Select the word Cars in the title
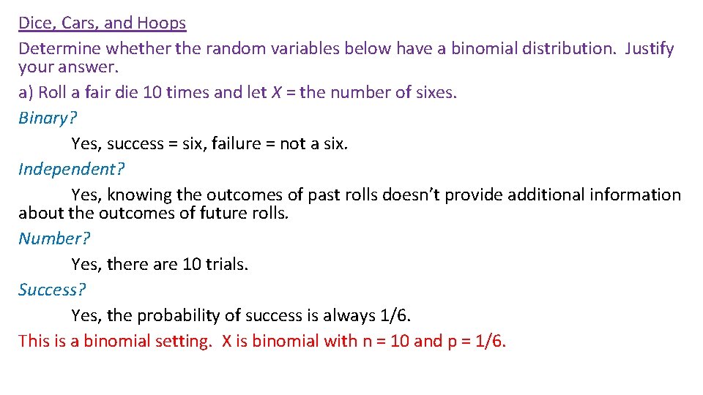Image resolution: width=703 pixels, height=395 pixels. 78,23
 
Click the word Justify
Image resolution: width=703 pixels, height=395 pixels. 649,49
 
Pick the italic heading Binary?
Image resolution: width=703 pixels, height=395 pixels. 48,118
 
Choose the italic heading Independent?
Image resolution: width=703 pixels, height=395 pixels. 71,170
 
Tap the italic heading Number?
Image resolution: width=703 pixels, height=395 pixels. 54,239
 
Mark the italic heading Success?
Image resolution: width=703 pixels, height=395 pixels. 52,290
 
